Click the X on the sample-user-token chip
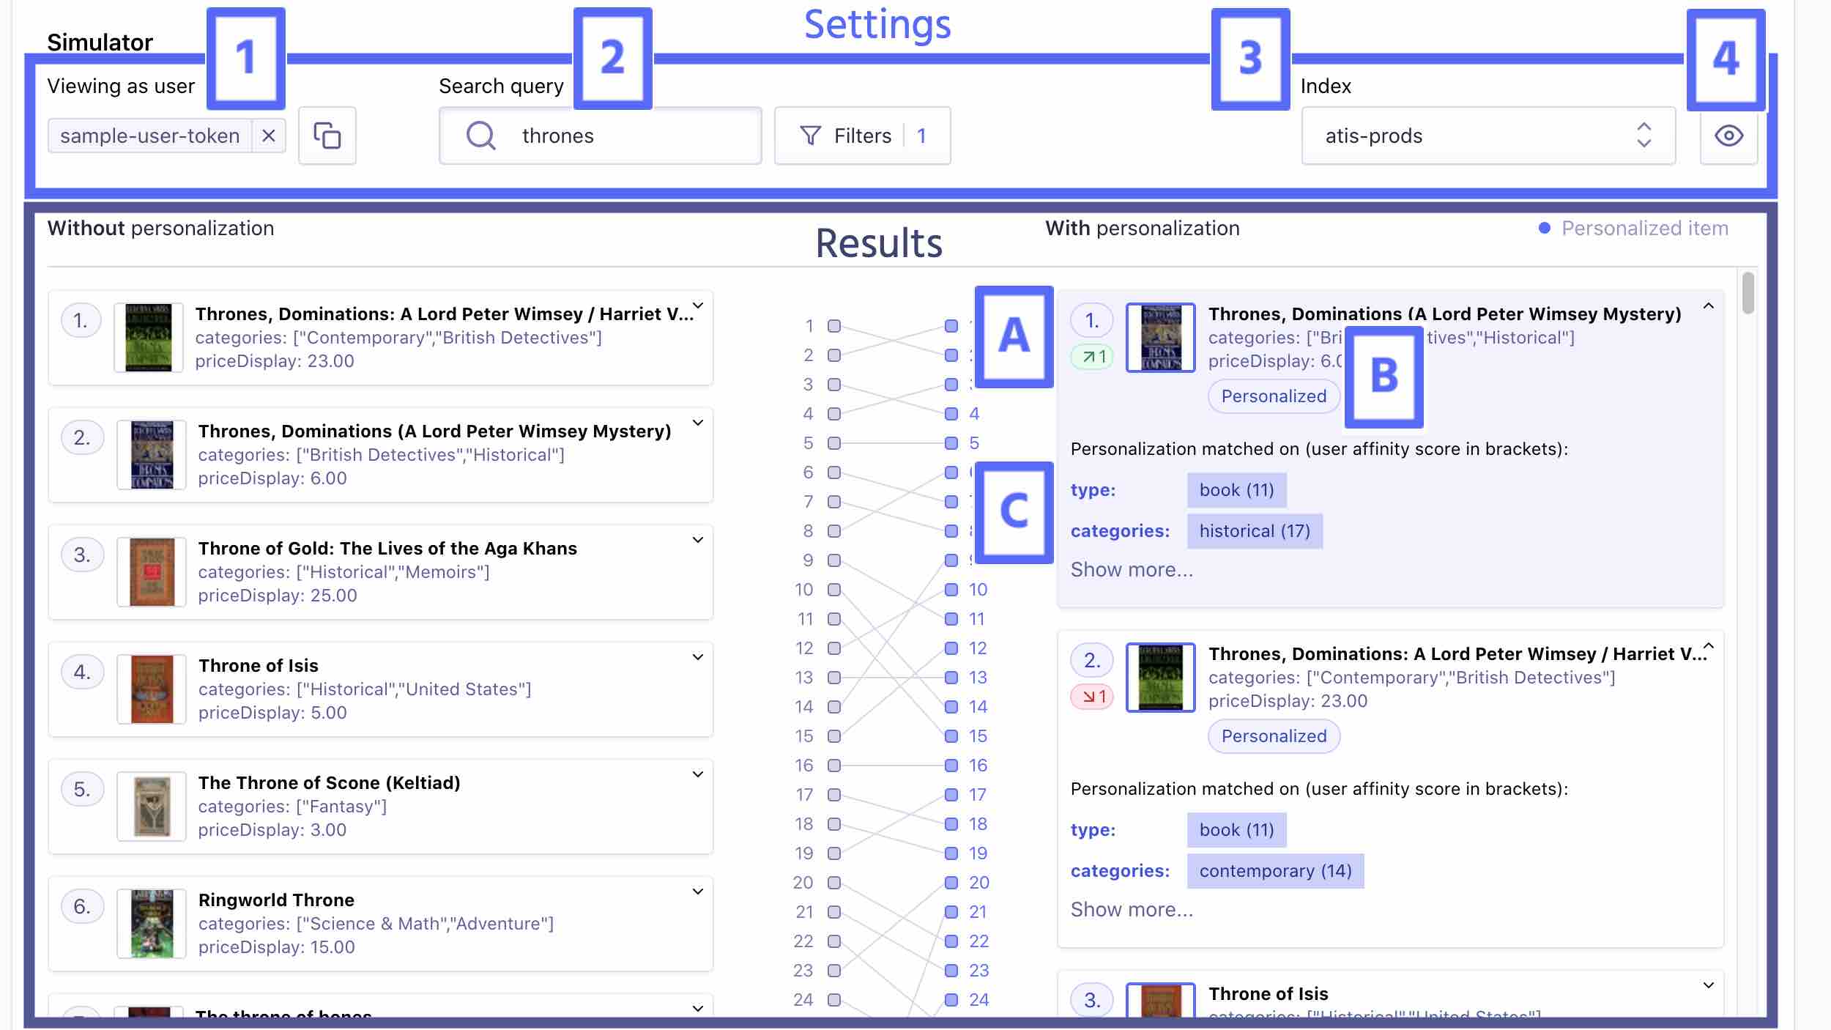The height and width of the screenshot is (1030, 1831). [x=269, y=136]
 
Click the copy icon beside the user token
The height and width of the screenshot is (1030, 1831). [x=327, y=136]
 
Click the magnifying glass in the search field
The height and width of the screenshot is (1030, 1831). [x=481, y=136]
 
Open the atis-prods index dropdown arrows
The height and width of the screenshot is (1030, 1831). [x=1644, y=136]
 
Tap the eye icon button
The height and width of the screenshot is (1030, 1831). [x=1728, y=136]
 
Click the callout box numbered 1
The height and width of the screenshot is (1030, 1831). [x=246, y=58]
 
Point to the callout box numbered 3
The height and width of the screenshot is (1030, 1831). [x=1250, y=59]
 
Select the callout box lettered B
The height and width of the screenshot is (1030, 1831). [x=1384, y=377]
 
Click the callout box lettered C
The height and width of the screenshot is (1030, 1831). [x=1014, y=511]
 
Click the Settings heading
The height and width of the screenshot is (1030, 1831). [x=877, y=25]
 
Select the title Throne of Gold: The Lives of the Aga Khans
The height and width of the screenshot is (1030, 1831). [x=387, y=549]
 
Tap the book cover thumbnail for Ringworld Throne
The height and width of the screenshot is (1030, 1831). [x=152, y=924]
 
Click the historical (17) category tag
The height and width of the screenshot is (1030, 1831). [x=1255, y=531]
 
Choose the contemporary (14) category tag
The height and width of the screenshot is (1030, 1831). [x=1275, y=871]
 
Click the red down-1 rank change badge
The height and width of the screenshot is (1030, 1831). [x=1092, y=697]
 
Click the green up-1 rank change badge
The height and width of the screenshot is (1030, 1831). [x=1092, y=357]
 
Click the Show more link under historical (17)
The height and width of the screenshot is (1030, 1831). [x=1132, y=570]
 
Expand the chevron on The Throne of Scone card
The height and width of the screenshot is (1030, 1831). [x=698, y=774]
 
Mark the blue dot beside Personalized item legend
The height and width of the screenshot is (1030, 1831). [x=1545, y=229]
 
